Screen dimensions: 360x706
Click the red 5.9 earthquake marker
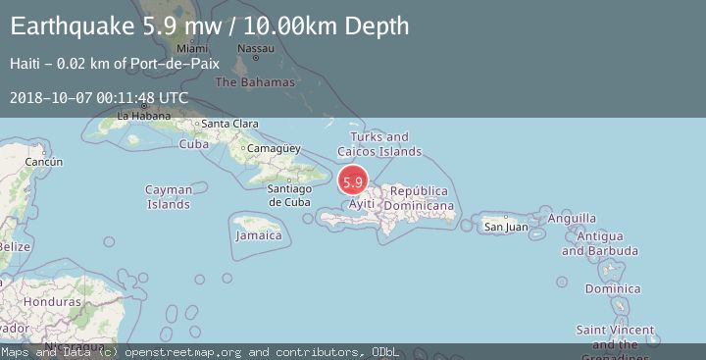(x=353, y=181)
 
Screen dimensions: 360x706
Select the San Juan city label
(x=506, y=228)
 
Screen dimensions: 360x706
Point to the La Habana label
(x=137, y=116)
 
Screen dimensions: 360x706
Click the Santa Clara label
(x=229, y=124)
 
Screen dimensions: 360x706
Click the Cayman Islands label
(x=169, y=197)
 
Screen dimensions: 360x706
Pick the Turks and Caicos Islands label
(x=379, y=144)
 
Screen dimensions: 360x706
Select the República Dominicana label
(x=419, y=199)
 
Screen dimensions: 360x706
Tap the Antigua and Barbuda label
(x=600, y=244)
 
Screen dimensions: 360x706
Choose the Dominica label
(x=613, y=289)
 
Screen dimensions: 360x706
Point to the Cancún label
(x=44, y=162)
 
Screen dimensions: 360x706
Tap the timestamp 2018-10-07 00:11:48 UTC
(x=99, y=98)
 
